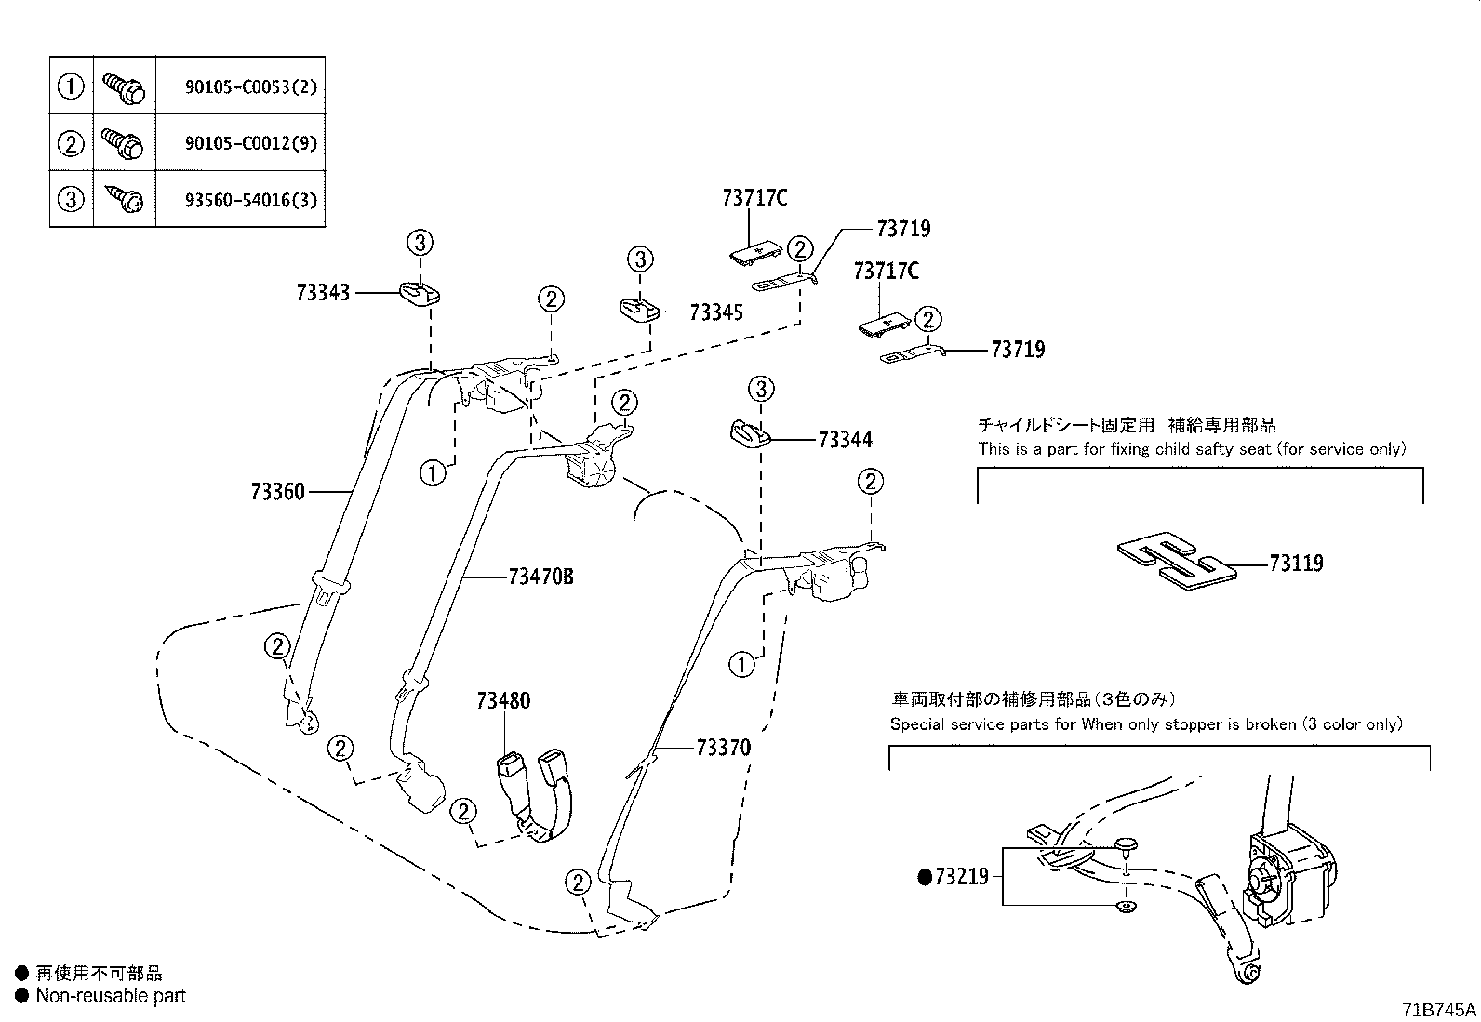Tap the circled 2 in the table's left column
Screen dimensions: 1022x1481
tap(71, 143)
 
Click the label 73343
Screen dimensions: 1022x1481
tap(323, 293)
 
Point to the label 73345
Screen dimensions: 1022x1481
tap(716, 312)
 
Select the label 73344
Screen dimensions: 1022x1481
tap(845, 440)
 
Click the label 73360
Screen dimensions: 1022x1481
tap(277, 491)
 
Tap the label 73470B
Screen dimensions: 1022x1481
tap(540, 577)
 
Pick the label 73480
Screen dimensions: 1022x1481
tap(503, 700)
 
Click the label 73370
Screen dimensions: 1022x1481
tap(723, 748)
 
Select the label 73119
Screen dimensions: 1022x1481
tap(1296, 564)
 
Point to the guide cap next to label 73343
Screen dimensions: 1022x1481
tap(421, 294)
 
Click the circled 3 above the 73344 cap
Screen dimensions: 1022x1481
tap(761, 388)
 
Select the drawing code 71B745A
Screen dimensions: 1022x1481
tap(1439, 1009)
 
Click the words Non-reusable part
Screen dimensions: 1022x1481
tap(111, 996)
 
